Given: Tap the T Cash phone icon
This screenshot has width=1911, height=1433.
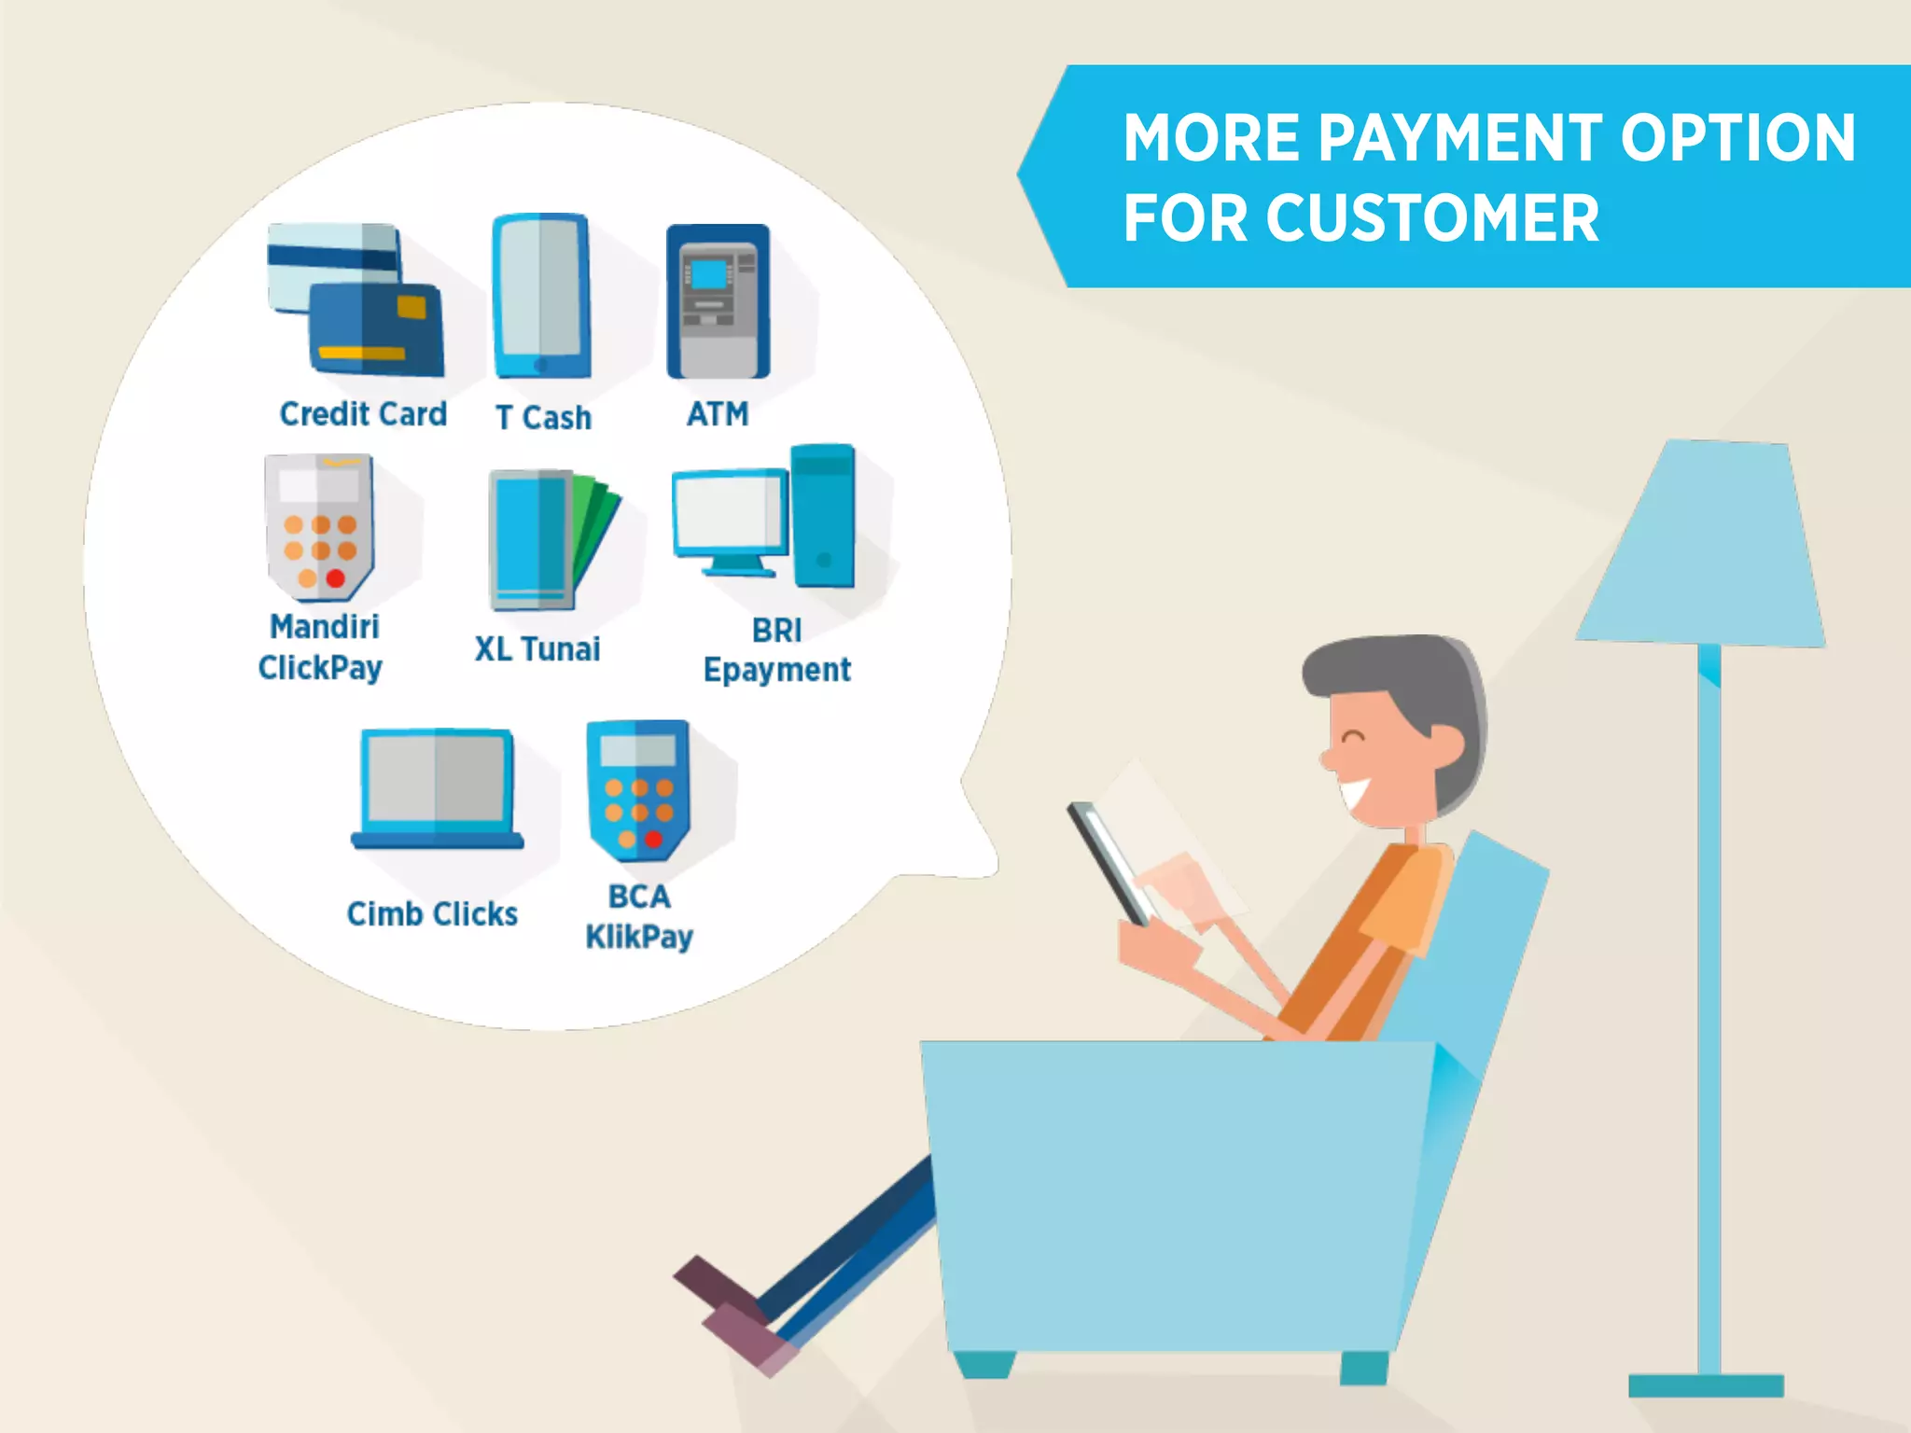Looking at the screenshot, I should tap(542, 297).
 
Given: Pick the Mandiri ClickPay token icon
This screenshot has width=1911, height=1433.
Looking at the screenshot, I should tap(319, 526).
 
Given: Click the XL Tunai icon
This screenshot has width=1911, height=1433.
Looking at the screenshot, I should tap(551, 541).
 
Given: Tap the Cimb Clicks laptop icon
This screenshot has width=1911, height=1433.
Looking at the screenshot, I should tap(438, 789).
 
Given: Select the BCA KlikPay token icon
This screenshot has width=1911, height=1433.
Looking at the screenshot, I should tap(638, 789).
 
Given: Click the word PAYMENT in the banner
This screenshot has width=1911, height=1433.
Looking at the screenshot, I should tap(1459, 138).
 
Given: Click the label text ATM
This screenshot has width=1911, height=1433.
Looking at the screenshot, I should tap(718, 413).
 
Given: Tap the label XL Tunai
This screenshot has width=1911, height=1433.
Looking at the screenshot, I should tap(537, 649).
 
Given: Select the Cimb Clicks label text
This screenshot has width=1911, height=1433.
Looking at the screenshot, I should tap(432, 914).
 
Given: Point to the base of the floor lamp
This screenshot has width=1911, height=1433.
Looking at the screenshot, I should tap(1706, 1384).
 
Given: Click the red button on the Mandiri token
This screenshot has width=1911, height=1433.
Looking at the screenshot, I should tap(336, 578).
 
